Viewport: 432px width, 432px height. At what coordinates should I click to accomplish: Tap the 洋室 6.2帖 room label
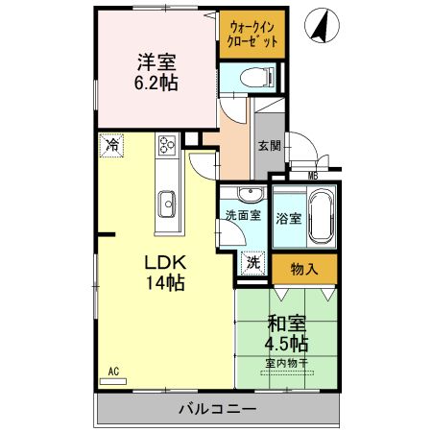[156, 69]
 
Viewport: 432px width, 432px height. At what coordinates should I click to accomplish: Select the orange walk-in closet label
[252, 36]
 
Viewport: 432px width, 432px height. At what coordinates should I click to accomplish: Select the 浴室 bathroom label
[289, 217]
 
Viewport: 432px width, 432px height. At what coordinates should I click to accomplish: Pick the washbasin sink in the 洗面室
[244, 191]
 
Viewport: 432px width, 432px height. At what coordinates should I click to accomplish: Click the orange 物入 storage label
[304, 270]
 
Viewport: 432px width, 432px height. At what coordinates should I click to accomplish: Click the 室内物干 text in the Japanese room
[287, 363]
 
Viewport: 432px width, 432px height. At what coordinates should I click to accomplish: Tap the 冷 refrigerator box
[112, 146]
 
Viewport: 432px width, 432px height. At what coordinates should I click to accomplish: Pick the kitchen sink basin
[166, 203]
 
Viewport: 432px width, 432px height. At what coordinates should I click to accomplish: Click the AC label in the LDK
[112, 372]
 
